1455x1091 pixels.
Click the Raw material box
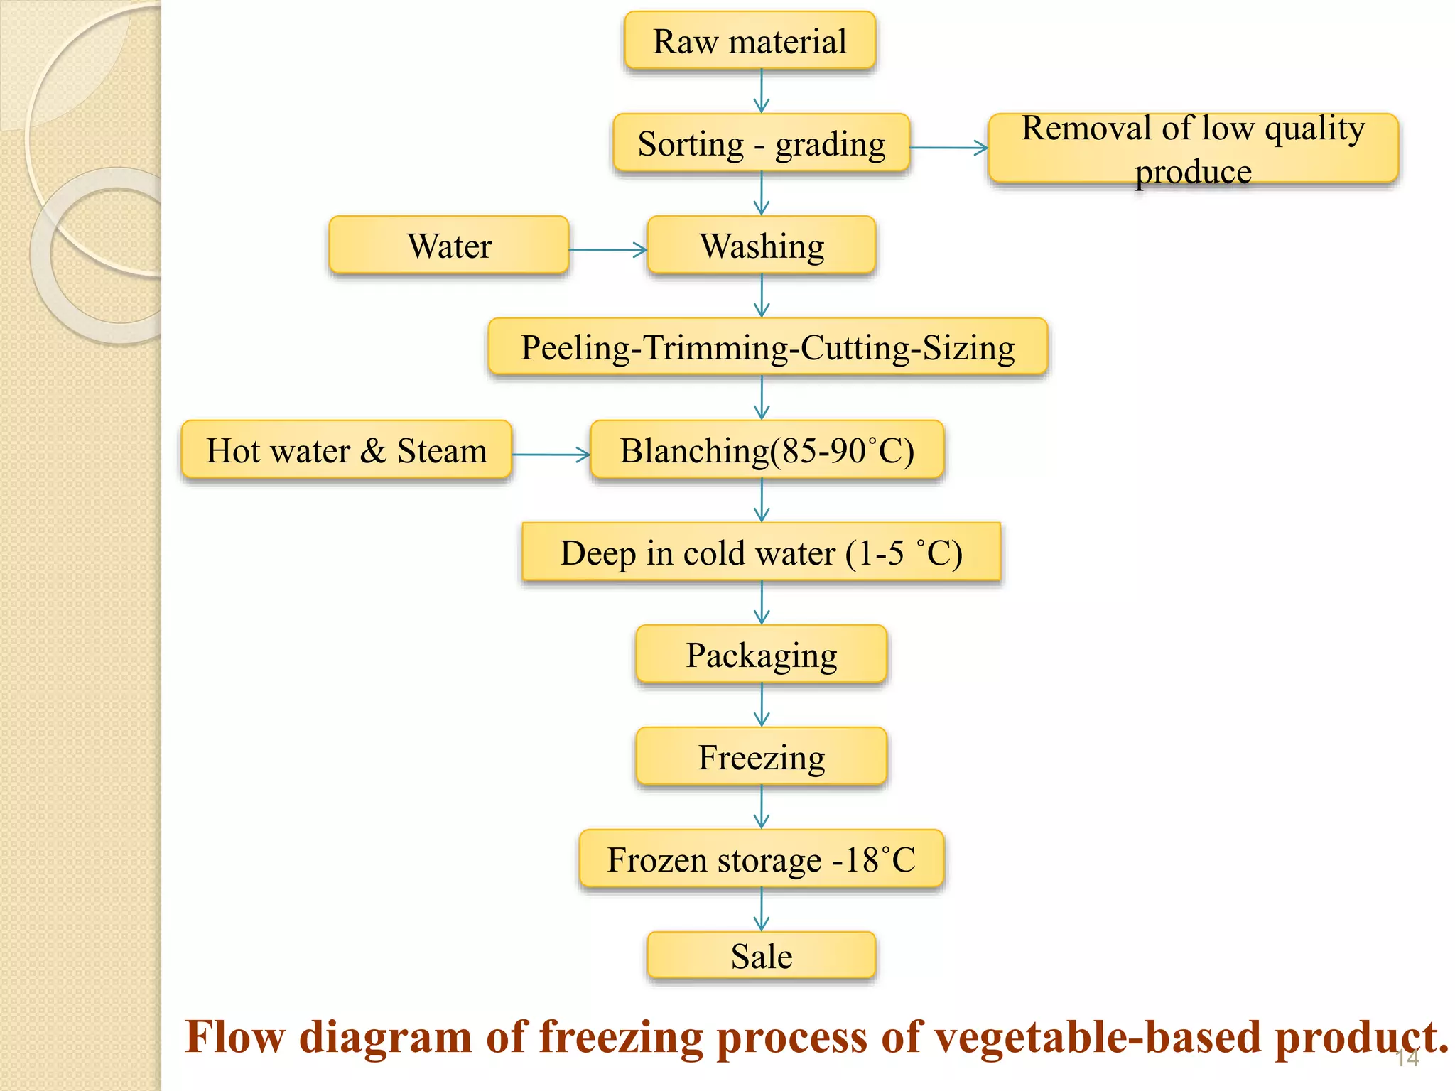[750, 40]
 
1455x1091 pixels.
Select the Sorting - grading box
[761, 143]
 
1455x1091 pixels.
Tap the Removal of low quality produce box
[1193, 148]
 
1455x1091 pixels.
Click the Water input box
[449, 245]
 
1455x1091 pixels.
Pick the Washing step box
[761, 245]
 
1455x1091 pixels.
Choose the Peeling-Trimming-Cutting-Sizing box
[767, 347]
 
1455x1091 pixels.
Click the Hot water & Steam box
[346, 450]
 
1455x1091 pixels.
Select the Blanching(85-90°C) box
[767, 450]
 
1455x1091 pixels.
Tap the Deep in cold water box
[761, 552]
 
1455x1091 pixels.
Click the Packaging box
[761, 654]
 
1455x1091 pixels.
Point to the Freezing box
[761, 756]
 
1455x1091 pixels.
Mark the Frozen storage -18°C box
[761, 859]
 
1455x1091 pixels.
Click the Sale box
[761, 955]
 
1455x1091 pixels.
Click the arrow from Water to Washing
[607, 249]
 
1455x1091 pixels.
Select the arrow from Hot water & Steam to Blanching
[551, 454]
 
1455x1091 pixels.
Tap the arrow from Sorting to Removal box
[948, 148]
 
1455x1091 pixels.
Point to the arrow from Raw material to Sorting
[762, 91]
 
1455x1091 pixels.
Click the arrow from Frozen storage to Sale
[762, 909]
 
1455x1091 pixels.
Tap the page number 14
[1407, 1059]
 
